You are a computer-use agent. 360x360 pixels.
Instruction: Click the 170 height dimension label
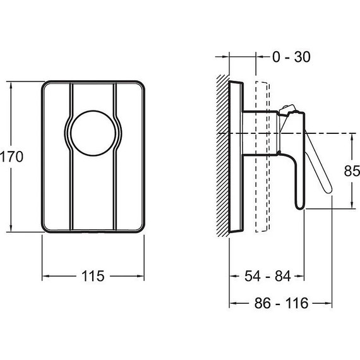(11, 157)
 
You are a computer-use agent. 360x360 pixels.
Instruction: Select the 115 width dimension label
(93, 276)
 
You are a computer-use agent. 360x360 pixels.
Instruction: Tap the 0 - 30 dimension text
(291, 57)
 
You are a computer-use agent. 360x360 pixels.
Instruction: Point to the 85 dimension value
(352, 171)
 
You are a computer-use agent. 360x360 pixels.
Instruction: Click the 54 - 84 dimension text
(268, 276)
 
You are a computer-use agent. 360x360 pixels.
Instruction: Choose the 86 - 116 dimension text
(281, 303)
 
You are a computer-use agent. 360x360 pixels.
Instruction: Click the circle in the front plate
(93, 133)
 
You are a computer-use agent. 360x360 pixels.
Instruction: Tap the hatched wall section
(223, 155)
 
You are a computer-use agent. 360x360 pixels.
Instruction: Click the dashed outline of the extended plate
(263, 157)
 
